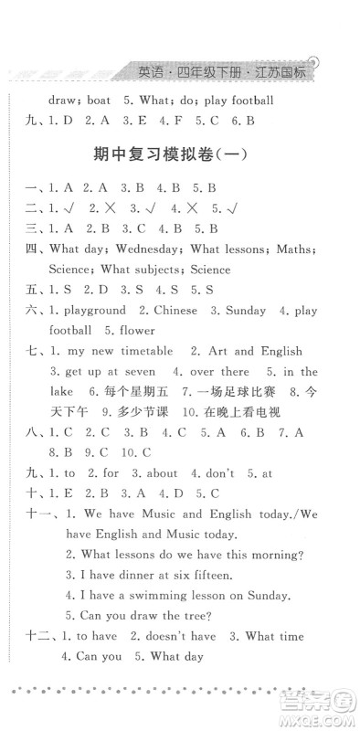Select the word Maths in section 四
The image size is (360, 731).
[x=291, y=249]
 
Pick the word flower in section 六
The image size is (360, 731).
[x=135, y=330]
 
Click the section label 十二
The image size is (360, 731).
[x=34, y=636]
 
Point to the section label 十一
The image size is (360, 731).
[x=34, y=514]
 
